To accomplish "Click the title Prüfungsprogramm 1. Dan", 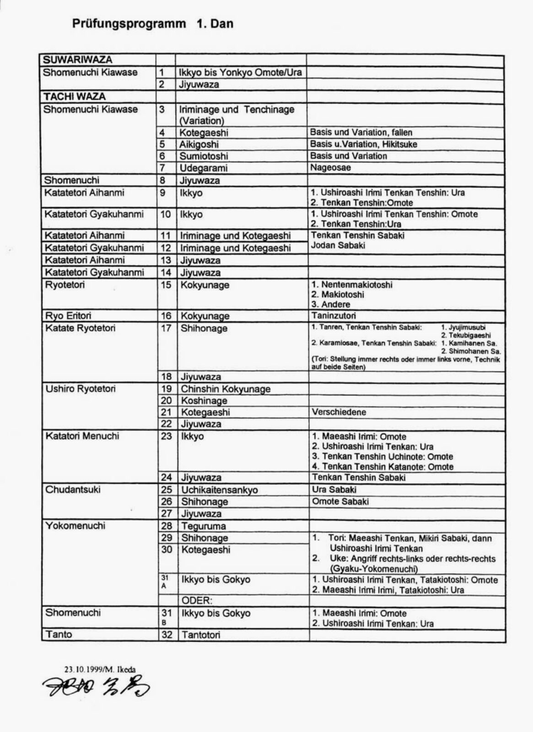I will pos(152,24).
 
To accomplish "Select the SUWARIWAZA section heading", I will pos(77,59).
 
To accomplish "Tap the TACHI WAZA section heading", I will pos(74,97).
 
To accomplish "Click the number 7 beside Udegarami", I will pos(162,168).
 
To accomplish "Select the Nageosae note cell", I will pos(330,167).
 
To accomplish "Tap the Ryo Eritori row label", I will pos(68,316).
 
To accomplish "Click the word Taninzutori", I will pos(334,316).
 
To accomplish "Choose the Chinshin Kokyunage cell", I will pos(226,389).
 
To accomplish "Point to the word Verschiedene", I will pos(339,412).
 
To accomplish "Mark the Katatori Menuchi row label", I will pos(82,436).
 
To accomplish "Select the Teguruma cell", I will pos(204,526).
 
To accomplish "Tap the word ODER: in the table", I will pos(197,601).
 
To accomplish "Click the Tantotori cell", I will pos(201,635).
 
